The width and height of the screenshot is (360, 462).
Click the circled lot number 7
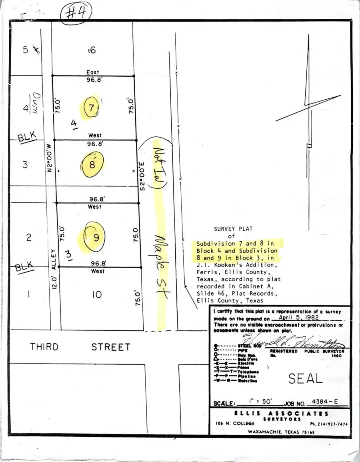(92, 108)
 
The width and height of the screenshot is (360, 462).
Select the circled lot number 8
(92, 164)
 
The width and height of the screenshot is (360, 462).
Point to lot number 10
(96, 295)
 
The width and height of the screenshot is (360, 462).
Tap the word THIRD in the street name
(44, 346)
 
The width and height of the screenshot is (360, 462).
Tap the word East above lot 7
(92, 72)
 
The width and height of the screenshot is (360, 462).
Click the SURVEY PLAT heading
(234, 229)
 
